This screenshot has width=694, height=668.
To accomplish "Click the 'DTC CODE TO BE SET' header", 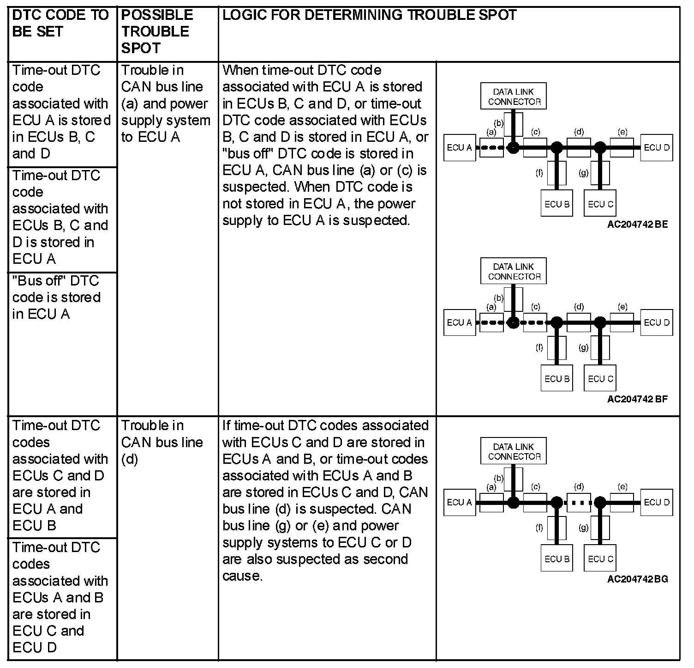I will pyautogui.click(x=60, y=23).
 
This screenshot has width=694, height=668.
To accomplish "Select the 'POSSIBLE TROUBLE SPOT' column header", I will pyautogui.click(x=157, y=31).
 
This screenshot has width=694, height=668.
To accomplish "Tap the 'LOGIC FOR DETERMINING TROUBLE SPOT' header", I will pyautogui.click(x=369, y=15).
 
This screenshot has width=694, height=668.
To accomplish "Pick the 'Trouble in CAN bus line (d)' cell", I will pyautogui.click(x=162, y=442).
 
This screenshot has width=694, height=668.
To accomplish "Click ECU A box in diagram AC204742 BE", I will pyautogui.click(x=459, y=148).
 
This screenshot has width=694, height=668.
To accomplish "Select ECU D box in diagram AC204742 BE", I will pyautogui.click(x=656, y=148).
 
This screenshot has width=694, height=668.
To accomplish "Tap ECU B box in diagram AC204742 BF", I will pyautogui.click(x=556, y=379).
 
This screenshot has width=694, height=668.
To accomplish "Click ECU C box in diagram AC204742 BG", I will pyautogui.click(x=600, y=559).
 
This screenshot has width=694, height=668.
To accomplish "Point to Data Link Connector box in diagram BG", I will pyautogui.click(x=514, y=451).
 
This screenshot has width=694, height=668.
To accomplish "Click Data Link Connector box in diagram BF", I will pyautogui.click(x=514, y=271).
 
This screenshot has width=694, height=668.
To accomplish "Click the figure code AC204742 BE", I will pyautogui.click(x=637, y=225).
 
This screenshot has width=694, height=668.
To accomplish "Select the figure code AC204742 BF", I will pyautogui.click(x=637, y=399).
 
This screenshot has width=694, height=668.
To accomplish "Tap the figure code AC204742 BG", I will pyautogui.click(x=637, y=579).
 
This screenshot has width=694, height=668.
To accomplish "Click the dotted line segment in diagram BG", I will pyautogui.click(x=579, y=503).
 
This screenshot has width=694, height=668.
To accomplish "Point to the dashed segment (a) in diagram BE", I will pyautogui.click(x=491, y=148).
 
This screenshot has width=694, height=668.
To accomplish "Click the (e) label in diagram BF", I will pyautogui.click(x=622, y=307).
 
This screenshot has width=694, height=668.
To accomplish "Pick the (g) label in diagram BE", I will pyautogui.click(x=584, y=173).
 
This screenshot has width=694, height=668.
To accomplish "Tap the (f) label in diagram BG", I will pyautogui.click(x=539, y=528).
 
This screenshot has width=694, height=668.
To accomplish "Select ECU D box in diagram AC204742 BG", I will pyautogui.click(x=656, y=503).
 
